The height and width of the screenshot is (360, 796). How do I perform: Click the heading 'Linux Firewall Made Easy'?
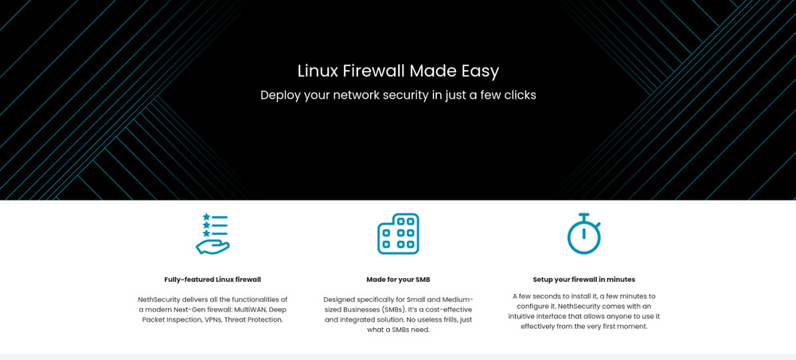pyautogui.click(x=398, y=71)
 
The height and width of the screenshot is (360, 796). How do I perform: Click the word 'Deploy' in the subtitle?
pyautogui.click(x=281, y=96)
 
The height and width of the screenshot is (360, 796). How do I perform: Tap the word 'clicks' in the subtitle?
pyautogui.click(x=516, y=96)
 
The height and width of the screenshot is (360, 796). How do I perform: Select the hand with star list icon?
pyautogui.click(x=213, y=233)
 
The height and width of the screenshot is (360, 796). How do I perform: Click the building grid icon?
pyautogui.click(x=398, y=233)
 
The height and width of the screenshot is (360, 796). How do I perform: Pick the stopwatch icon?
pyautogui.click(x=583, y=234)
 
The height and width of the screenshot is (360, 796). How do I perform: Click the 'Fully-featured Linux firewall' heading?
pyautogui.click(x=213, y=280)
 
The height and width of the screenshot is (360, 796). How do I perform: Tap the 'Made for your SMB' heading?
pyautogui.click(x=398, y=280)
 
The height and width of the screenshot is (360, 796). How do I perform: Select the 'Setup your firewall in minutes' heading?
pyautogui.click(x=583, y=280)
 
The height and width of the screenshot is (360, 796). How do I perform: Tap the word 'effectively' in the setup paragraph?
pyautogui.click(x=541, y=326)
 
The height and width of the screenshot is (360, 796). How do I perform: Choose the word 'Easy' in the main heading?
pyautogui.click(x=480, y=71)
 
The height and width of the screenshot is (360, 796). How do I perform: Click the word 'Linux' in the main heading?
pyautogui.click(x=318, y=71)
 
